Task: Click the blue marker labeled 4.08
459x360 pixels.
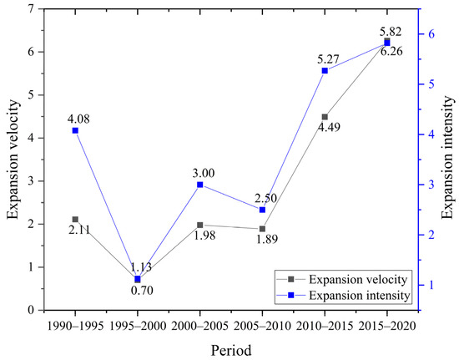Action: [x=75, y=130]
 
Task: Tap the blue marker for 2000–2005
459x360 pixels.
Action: [x=200, y=185]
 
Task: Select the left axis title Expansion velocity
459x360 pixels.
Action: [x=13, y=159]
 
